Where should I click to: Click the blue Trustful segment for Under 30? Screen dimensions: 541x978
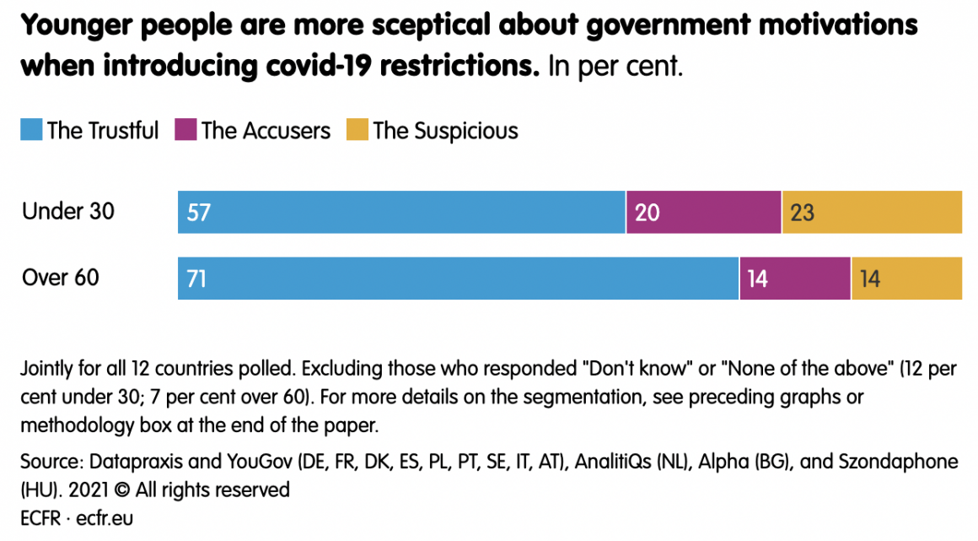click(401, 212)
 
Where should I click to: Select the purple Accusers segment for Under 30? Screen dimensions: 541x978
click(703, 212)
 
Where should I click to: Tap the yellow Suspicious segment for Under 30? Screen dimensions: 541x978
click(872, 212)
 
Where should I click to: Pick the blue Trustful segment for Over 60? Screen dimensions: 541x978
click(458, 278)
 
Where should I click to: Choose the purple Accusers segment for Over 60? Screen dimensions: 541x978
click(795, 278)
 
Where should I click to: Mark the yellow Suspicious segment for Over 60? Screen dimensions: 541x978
click(906, 278)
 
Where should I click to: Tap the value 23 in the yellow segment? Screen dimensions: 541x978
click(802, 212)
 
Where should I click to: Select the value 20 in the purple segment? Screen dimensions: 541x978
click(647, 212)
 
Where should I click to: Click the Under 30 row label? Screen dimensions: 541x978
click(68, 211)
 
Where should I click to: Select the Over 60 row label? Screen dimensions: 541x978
click(61, 277)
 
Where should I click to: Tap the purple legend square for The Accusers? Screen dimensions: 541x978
click(185, 131)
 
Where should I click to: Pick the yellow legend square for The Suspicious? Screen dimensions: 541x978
click(357, 131)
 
